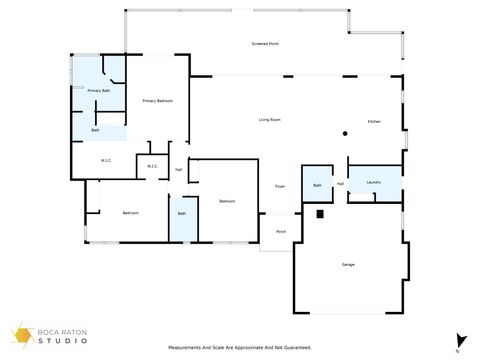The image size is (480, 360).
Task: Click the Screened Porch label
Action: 265,44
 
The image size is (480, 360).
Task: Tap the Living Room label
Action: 269,120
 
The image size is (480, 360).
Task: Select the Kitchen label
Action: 374,121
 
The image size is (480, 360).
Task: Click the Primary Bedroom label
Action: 158,100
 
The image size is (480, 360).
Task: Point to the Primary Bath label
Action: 98,91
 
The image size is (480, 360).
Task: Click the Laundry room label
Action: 374,183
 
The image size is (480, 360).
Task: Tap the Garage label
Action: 348,264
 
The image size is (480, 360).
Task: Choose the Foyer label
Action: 280,187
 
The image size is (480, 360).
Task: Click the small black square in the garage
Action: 320,213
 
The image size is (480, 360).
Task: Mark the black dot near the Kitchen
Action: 344,133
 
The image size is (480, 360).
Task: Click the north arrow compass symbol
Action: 457,340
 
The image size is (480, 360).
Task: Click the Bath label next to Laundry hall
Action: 317,185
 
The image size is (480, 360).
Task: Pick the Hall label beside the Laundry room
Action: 341,184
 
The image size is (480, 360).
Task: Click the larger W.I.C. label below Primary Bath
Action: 106,161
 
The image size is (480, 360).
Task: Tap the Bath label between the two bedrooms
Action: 182,213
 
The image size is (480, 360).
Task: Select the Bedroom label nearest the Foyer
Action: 227,201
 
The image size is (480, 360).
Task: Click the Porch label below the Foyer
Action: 281,232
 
